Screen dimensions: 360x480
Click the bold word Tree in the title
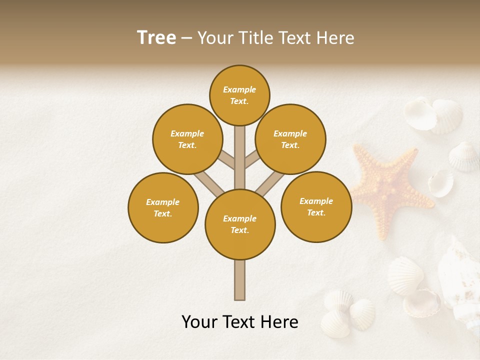[156, 38]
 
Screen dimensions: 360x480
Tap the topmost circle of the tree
[239, 95]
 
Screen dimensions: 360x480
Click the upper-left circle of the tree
[187, 139]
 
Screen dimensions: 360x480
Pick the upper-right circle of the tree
[290, 139]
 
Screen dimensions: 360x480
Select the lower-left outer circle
[163, 207]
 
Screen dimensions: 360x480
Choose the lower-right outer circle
[316, 206]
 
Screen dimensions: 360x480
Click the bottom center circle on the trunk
[240, 224]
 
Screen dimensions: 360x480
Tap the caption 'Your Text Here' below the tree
[240, 322]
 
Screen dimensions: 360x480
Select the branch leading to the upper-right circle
[252, 159]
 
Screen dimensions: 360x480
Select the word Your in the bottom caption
[199, 322]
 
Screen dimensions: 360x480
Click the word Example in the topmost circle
[239, 90]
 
